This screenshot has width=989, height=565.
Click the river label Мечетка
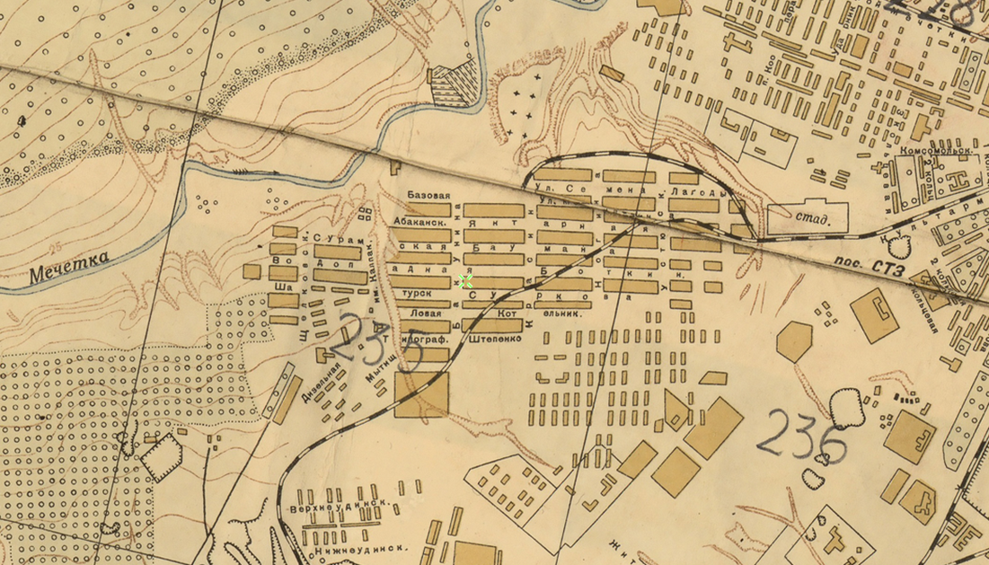coord(68,267)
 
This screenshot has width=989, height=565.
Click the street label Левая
coord(425,313)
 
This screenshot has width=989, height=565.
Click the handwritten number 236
coord(801,437)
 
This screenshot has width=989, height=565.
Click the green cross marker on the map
coord(465,281)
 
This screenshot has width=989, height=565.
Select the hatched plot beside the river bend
coord(455,86)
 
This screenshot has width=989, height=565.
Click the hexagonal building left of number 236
coord(794,340)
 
